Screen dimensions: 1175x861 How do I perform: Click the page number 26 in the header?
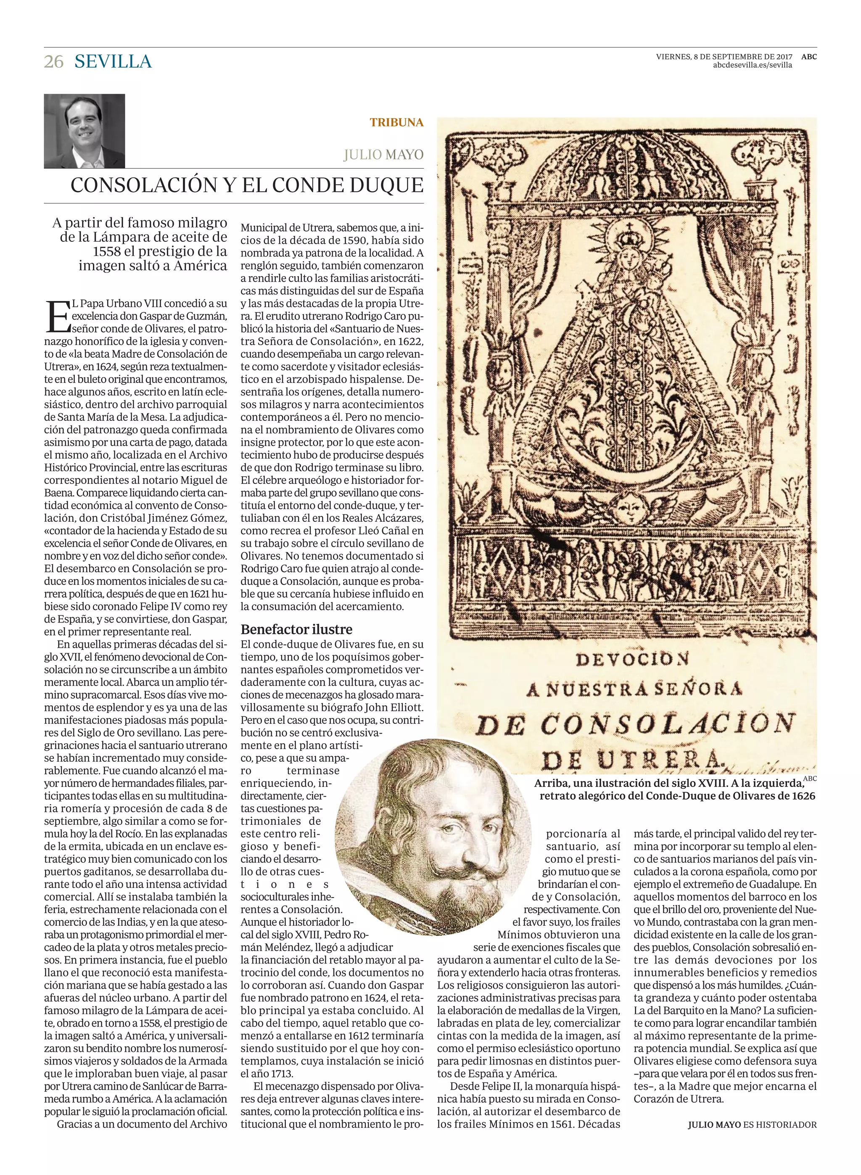pyautogui.click(x=54, y=61)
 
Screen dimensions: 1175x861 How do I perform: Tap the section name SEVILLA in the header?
pyautogui.click(x=113, y=61)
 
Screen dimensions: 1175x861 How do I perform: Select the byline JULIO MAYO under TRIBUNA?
pyautogui.click(x=383, y=155)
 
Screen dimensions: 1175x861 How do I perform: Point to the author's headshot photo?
pyautogui.click(x=85, y=131)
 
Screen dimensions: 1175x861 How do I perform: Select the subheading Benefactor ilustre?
pyautogui.click(x=296, y=629)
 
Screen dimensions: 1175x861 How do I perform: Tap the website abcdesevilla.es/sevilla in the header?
pyautogui.click(x=752, y=65)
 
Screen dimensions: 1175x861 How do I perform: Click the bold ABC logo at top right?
pyautogui.click(x=809, y=57)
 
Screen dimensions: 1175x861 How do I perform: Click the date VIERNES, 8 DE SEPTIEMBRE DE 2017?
pyautogui.click(x=724, y=57)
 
